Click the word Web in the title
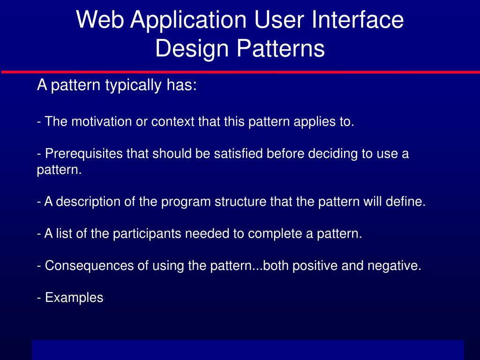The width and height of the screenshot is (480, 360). [x=100, y=20]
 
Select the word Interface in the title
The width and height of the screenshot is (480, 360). [x=358, y=20]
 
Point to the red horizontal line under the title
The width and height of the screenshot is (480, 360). [x=240, y=72]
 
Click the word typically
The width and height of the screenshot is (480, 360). [x=133, y=85]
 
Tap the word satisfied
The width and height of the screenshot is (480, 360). [x=238, y=153]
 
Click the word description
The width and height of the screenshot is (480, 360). [x=88, y=202]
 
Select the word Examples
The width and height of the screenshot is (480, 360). [x=74, y=298]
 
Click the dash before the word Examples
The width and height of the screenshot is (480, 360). [x=39, y=298]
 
